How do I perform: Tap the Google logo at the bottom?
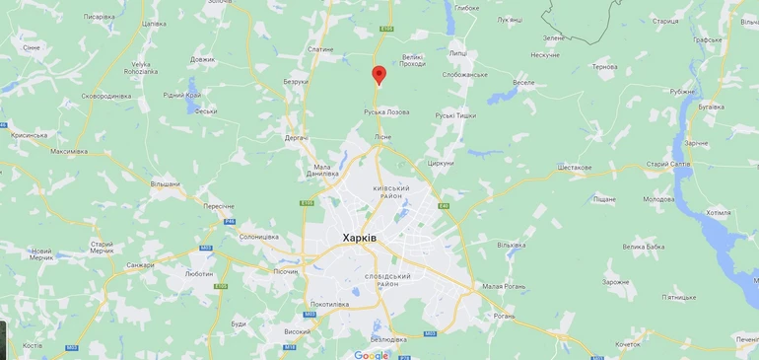pyautogui.click(x=372, y=355)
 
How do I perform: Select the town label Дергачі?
pyautogui.click(x=296, y=137)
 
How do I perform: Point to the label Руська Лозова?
pyautogui.click(x=386, y=111)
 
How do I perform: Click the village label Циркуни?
pyautogui.click(x=441, y=163)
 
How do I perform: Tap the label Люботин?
pyautogui.click(x=198, y=273)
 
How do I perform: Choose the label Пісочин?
pyautogui.click(x=285, y=271)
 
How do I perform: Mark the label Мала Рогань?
pyautogui.click(x=503, y=286)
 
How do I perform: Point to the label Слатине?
pyautogui.click(x=320, y=49)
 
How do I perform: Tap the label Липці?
pyautogui.click(x=457, y=53)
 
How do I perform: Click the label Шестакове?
pyautogui.click(x=575, y=168)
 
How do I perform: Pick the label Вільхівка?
pyautogui.click(x=512, y=245)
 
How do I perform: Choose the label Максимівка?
pyautogui.click(x=69, y=151)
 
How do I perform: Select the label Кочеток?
pyautogui.click(x=627, y=344)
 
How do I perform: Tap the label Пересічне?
pyautogui.click(x=219, y=206)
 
